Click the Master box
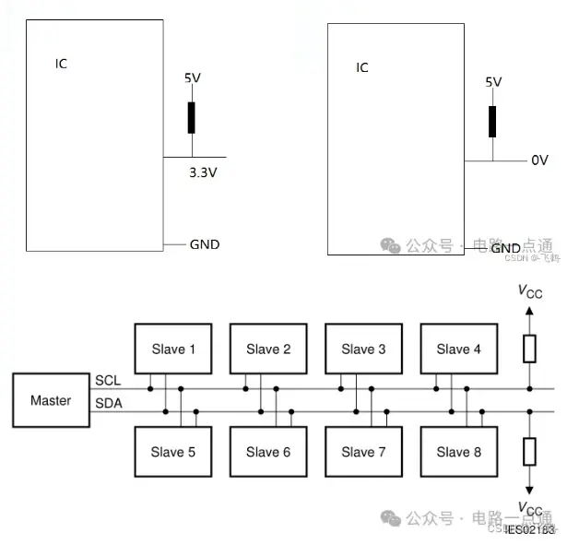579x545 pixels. [51, 401]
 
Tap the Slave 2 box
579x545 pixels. [268, 349]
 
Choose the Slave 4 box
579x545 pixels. [458, 349]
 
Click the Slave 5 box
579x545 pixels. [173, 452]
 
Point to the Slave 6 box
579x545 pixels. [268, 452]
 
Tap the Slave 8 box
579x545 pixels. [458, 452]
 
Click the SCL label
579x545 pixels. [107, 380]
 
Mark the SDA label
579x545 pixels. [107, 403]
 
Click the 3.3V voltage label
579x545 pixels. [203, 172]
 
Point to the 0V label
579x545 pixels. [539, 160]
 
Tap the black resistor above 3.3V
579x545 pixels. [192, 118]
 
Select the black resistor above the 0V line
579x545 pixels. [492, 121]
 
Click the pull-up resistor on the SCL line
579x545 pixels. [529, 349]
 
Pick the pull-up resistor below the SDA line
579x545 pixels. [529, 452]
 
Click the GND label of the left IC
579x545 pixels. [205, 244]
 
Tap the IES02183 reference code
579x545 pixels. [529, 530]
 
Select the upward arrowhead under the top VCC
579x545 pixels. [529, 312]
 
